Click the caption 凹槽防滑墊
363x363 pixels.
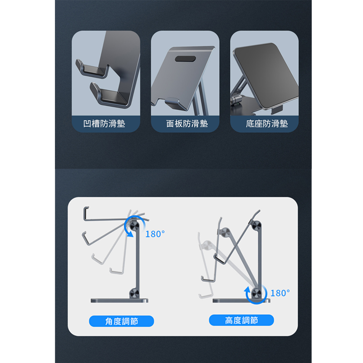(104, 123)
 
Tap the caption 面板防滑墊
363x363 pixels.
(187, 123)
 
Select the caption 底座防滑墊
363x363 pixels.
(267, 123)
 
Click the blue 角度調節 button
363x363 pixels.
(122, 321)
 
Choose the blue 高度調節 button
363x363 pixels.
(241, 320)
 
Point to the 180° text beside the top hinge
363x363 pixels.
(155, 234)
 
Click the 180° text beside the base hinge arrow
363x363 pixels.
(280, 293)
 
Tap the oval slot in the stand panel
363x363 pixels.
(185, 59)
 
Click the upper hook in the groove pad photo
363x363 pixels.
(92, 69)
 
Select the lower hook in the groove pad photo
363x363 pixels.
(109, 95)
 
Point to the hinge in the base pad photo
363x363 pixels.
(236, 100)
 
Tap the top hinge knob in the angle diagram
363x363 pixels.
(134, 226)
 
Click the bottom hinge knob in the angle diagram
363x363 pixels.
(134, 294)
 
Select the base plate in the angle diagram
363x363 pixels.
(119, 300)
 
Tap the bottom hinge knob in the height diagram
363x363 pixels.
(256, 294)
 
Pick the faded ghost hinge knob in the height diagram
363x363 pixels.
(207, 245)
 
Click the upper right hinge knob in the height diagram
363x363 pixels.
(256, 226)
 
